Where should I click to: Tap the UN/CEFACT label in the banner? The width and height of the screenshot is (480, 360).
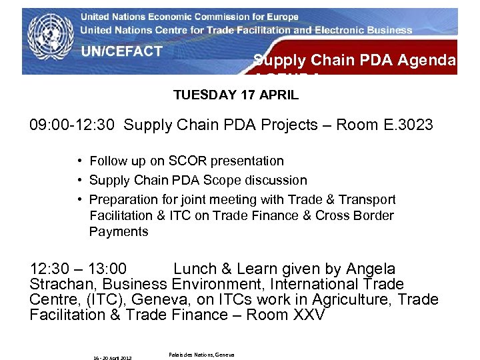pos(122,52)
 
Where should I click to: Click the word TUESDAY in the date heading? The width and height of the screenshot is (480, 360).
pos(200,95)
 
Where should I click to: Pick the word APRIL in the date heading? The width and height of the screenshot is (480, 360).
pos(281,95)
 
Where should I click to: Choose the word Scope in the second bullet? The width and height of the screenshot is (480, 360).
pos(213,181)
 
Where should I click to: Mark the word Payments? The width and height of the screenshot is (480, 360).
pos(119,232)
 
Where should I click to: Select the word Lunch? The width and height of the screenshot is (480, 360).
pos(195,269)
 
